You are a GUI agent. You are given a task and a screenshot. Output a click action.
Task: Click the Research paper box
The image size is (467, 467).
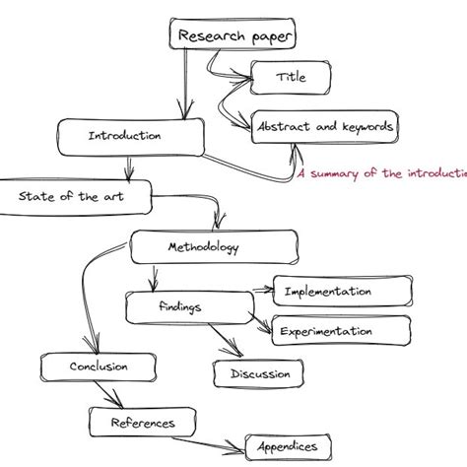click(235, 36)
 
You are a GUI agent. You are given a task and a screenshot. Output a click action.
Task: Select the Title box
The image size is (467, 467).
click(290, 76)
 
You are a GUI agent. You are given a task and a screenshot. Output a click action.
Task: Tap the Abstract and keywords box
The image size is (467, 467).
click(326, 126)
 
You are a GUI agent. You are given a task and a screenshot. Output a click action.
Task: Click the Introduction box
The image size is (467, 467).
click(124, 136)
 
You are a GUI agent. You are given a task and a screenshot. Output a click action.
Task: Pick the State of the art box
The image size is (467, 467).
click(73, 196)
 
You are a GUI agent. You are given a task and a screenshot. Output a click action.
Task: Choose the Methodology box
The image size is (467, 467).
click(212, 247)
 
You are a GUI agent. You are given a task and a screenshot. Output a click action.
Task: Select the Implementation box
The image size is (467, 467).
click(341, 292)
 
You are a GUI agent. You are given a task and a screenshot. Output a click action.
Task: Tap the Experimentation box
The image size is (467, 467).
click(341, 331)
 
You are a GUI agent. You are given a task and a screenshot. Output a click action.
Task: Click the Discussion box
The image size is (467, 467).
click(260, 373)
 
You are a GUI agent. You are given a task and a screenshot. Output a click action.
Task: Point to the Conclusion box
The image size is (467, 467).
click(99, 367)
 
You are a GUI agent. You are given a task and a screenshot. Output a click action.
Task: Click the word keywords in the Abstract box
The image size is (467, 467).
click(366, 126)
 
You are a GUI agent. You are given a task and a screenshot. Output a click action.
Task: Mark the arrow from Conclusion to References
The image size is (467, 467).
click(102, 395)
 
